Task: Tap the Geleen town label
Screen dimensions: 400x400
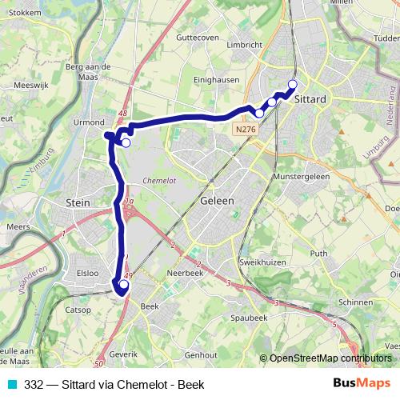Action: pos(218,201)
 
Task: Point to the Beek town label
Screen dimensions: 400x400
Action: pos(150,306)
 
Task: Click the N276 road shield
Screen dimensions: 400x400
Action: pos(246,128)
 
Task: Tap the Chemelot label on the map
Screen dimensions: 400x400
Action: pos(157,181)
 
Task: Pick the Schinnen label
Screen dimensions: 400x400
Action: pos(357,303)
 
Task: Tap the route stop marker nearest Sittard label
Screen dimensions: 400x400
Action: pos(292,85)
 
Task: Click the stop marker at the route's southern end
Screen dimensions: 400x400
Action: pos(123,284)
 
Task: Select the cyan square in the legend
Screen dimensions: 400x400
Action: pos(10,385)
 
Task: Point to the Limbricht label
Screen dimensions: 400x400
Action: pos(244,45)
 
